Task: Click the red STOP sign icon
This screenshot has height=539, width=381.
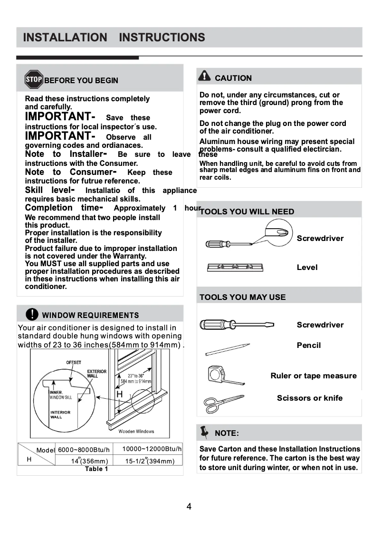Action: tap(34, 79)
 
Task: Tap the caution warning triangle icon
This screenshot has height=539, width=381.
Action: tap(204, 76)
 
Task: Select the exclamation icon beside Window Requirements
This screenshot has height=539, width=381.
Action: tap(31, 314)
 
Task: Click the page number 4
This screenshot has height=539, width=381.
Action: tap(189, 506)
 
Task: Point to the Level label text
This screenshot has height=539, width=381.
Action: tap(307, 267)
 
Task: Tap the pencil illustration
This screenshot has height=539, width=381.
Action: tap(227, 350)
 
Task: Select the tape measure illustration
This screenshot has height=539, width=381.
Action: tap(225, 375)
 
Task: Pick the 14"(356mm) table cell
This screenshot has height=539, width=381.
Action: tap(89, 461)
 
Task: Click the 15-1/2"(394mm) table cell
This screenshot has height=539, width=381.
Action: tap(150, 461)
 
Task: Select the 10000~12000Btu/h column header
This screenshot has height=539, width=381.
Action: tap(152, 449)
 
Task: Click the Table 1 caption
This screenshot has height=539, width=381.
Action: tap(96, 469)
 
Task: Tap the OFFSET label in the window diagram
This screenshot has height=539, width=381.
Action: tap(73, 363)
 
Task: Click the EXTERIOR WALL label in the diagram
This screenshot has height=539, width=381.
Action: tap(96, 374)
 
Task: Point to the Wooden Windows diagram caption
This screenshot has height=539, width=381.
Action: tap(136, 432)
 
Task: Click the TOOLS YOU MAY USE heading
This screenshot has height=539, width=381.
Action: tap(242, 297)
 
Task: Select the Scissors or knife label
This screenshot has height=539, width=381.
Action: tap(309, 398)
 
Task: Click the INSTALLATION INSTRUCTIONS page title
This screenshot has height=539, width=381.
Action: tap(114, 37)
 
